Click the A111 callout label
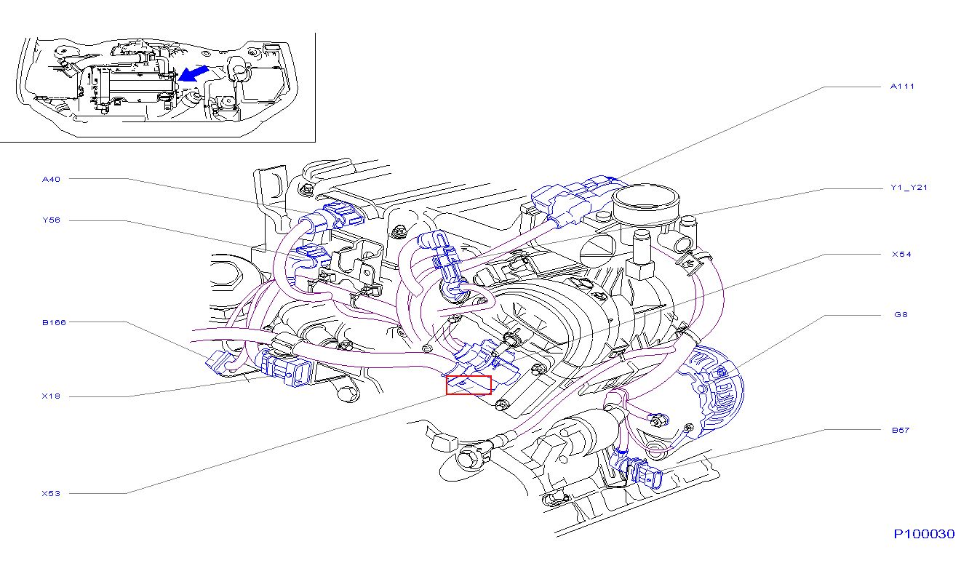902,87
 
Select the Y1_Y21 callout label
909,188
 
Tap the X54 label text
901,255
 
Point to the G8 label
901,314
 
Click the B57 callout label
901,430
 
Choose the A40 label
51,179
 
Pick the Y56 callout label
51,220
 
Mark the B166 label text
54,322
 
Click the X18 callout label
51,396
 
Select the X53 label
51,493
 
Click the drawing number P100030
924,534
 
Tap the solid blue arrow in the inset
194,73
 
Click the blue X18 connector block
285,368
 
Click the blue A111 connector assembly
575,200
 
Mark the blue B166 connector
220,362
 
